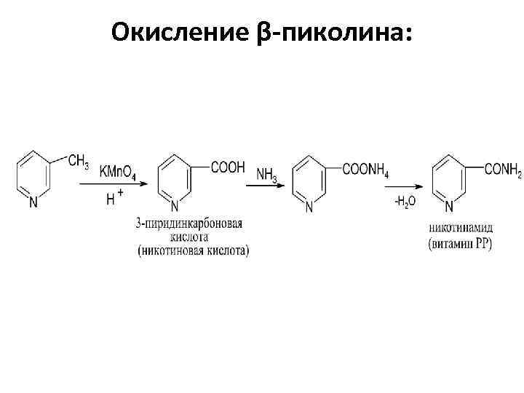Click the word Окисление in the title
coord(182,31)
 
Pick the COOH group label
coord(228,167)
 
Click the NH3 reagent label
coord(266,175)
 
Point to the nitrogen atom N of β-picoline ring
coord(33,203)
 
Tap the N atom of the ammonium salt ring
coord(309,208)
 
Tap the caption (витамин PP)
coord(459,244)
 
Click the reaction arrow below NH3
coord(265,186)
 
